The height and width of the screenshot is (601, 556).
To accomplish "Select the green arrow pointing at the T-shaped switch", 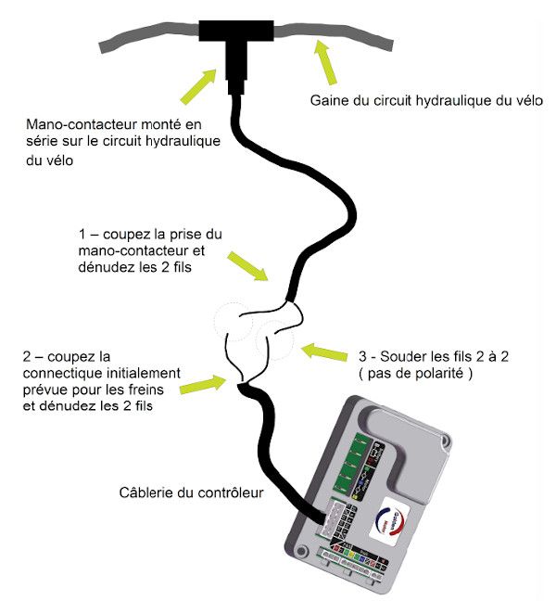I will (204, 84).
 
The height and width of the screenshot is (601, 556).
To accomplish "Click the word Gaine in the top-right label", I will (328, 100).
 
